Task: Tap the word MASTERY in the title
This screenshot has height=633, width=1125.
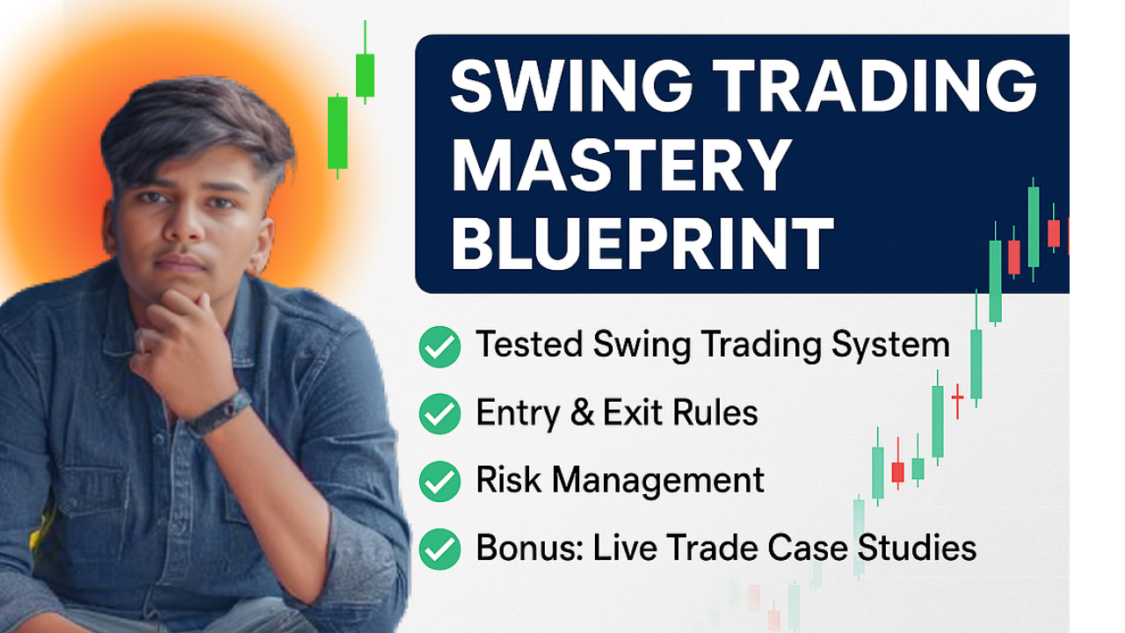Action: point(621,167)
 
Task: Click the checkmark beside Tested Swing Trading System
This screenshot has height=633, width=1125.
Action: point(439,346)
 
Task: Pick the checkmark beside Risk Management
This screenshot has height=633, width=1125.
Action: point(439,481)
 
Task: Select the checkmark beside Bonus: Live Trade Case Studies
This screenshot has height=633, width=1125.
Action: point(439,549)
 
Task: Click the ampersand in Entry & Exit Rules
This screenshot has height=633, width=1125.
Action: point(582,413)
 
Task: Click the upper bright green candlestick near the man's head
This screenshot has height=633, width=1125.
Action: point(365,75)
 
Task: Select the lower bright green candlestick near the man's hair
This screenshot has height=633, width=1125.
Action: point(337,132)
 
